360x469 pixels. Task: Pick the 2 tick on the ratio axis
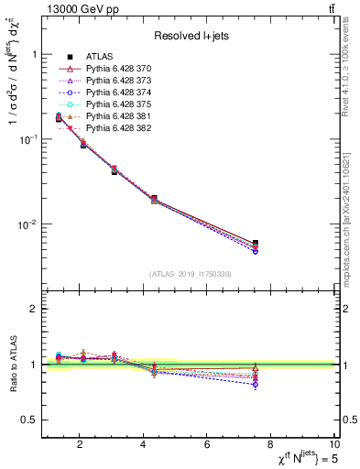(35, 309)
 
